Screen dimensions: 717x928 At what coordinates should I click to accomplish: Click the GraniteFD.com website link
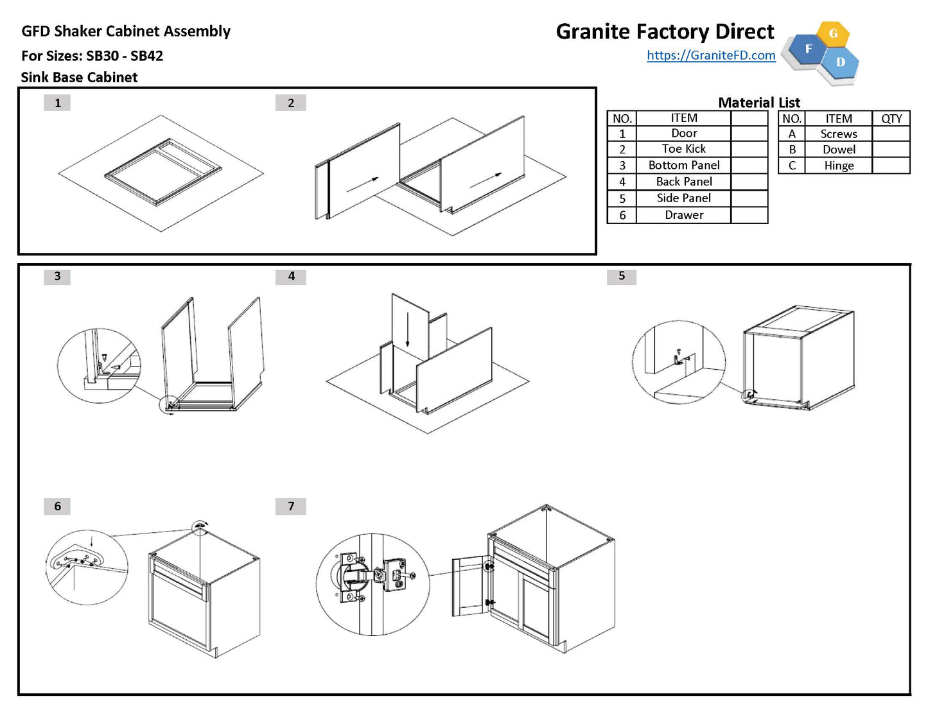pyautogui.click(x=711, y=55)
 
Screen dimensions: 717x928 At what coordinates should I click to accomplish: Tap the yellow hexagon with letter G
pyautogui.click(x=834, y=34)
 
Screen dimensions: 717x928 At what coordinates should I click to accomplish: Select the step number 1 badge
pyautogui.click(x=57, y=103)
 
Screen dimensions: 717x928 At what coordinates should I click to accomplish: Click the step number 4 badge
pyautogui.click(x=291, y=276)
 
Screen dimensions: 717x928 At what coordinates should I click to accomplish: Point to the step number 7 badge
pyautogui.click(x=291, y=506)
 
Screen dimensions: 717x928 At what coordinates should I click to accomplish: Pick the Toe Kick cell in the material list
pyautogui.click(x=683, y=149)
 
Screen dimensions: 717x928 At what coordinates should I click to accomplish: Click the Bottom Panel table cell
pyautogui.click(x=683, y=165)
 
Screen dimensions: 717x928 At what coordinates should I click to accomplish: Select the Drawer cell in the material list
pyautogui.click(x=683, y=215)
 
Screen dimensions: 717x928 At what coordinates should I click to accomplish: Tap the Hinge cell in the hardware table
pyautogui.click(x=838, y=166)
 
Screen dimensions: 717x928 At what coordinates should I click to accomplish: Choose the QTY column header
pyautogui.click(x=891, y=119)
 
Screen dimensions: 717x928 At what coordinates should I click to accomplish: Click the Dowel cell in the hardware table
pyautogui.click(x=838, y=150)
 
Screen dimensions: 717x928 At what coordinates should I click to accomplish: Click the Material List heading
pyautogui.click(x=758, y=103)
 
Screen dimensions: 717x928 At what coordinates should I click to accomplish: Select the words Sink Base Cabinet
pyautogui.click(x=79, y=78)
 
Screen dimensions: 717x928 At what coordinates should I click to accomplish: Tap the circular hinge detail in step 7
pyautogui.click(x=372, y=584)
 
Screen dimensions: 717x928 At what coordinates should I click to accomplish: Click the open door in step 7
pyautogui.click(x=470, y=585)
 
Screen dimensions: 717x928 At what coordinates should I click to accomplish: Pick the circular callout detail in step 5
pyautogui.click(x=678, y=363)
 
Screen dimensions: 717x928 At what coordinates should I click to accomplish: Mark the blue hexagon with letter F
pyautogui.click(x=807, y=49)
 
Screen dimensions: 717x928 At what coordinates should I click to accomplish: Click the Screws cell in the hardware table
pyautogui.click(x=838, y=134)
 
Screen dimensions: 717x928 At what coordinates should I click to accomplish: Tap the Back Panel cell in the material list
pyautogui.click(x=683, y=182)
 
